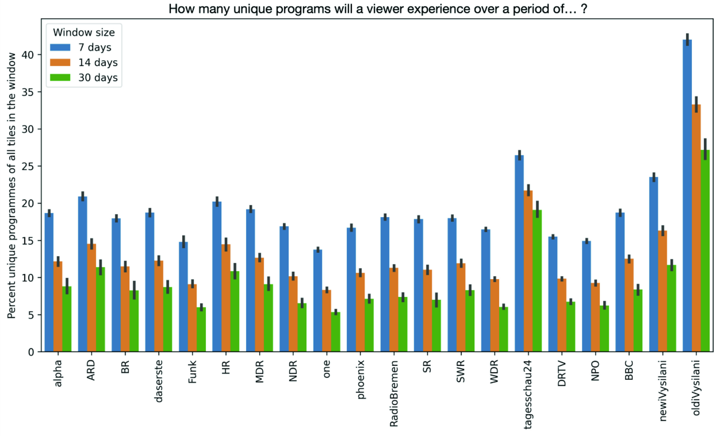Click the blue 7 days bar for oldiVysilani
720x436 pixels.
(687, 195)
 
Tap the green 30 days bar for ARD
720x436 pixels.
(100, 309)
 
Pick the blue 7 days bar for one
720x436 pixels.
(318, 301)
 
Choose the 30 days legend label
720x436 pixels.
(98, 78)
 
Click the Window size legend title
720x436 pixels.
(84, 32)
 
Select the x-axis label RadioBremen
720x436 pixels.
(394, 394)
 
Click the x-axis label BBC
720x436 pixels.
(629, 371)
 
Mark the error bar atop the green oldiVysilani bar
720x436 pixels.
(705, 149)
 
